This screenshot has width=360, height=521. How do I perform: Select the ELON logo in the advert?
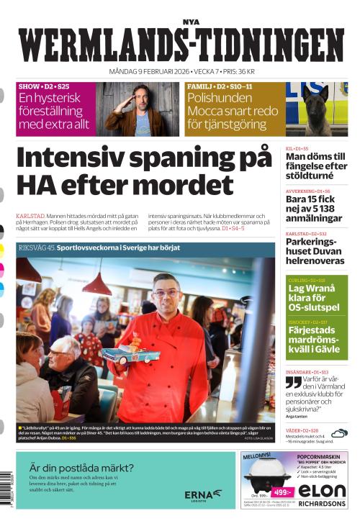[x=322, y=490]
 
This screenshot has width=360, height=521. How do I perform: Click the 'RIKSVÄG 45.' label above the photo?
[x=37, y=248]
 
